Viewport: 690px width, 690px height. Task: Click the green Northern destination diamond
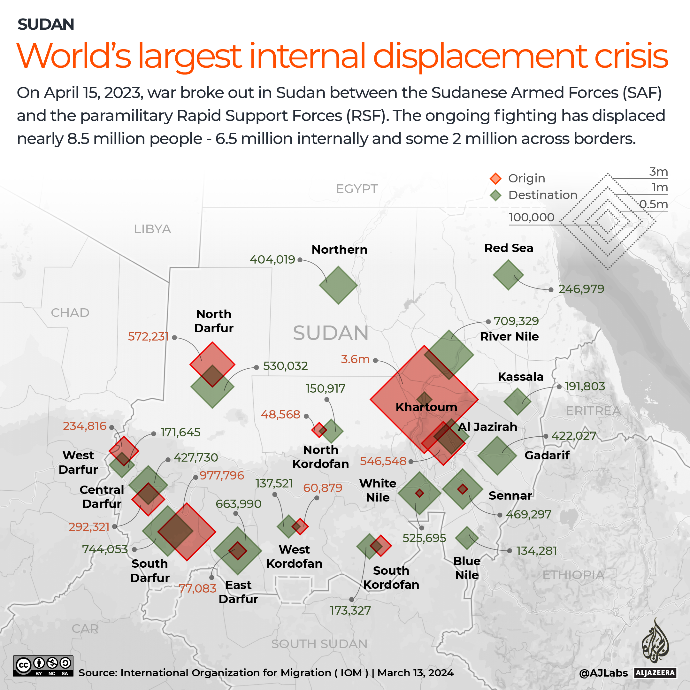click(338, 285)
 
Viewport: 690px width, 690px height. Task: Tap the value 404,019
click(272, 260)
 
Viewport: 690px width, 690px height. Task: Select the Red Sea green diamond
click(508, 275)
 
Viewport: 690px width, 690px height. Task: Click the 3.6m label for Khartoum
click(355, 359)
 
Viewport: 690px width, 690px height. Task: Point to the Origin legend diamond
click(495, 178)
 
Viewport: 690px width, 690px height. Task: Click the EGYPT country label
click(356, 188)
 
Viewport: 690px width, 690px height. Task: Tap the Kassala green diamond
click(517, 402)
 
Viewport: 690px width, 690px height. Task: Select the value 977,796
click(222, 475)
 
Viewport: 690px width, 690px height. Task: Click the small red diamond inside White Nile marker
click(419, 493)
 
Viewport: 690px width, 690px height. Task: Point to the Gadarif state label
click(547, 455)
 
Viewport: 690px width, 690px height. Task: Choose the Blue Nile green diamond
click(467, 538)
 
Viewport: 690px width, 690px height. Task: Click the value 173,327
click(350, 610)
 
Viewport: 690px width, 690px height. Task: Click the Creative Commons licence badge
click(43, 666)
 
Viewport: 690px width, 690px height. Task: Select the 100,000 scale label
click(531, 217)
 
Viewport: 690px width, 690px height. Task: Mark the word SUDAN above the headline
click(46, 24)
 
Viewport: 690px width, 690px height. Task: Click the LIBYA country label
click(152, 229)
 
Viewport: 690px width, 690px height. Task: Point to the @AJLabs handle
click(603, 673)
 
